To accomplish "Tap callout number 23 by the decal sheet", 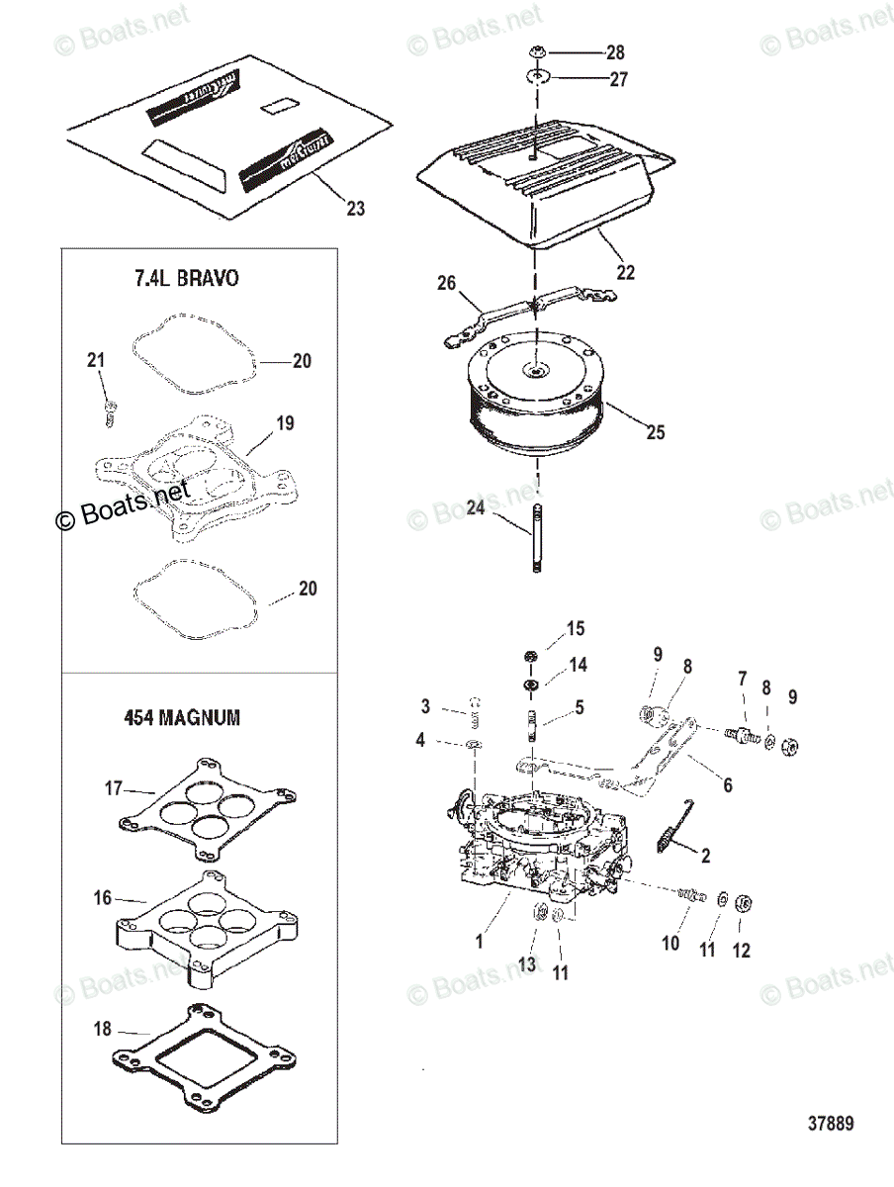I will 355,208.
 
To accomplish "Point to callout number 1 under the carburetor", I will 479,942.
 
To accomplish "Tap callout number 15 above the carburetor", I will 575,629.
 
